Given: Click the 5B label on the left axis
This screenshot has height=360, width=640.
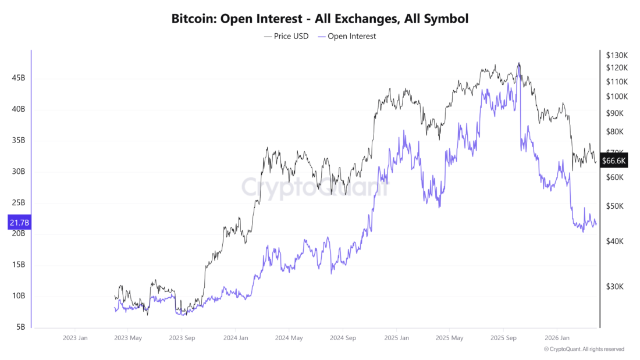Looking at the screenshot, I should click(x=20, y=327).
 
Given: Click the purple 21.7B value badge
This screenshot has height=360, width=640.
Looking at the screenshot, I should click(x=19, y=223).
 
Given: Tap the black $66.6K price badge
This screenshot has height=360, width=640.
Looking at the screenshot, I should click(x=614, y=161).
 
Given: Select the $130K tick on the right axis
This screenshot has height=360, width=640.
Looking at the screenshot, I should click(x=616, y=55).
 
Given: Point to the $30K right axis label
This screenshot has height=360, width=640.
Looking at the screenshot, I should click(x=614, y=286).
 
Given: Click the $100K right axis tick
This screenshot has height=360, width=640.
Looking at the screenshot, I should click(x=616, y=96).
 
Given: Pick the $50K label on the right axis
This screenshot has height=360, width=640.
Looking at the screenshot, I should click(x=614, y=206).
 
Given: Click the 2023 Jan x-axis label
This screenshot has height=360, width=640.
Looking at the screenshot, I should click(x=75, y=338).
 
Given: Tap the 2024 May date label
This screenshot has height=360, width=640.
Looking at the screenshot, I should click(x=289, y=338).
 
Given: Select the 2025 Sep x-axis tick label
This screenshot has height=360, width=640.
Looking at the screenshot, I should click(x=504, y=338).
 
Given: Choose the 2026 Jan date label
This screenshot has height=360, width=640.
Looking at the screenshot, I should click(x=556, y=338).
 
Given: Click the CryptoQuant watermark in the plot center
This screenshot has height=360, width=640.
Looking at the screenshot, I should click(x=314, y=188).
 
